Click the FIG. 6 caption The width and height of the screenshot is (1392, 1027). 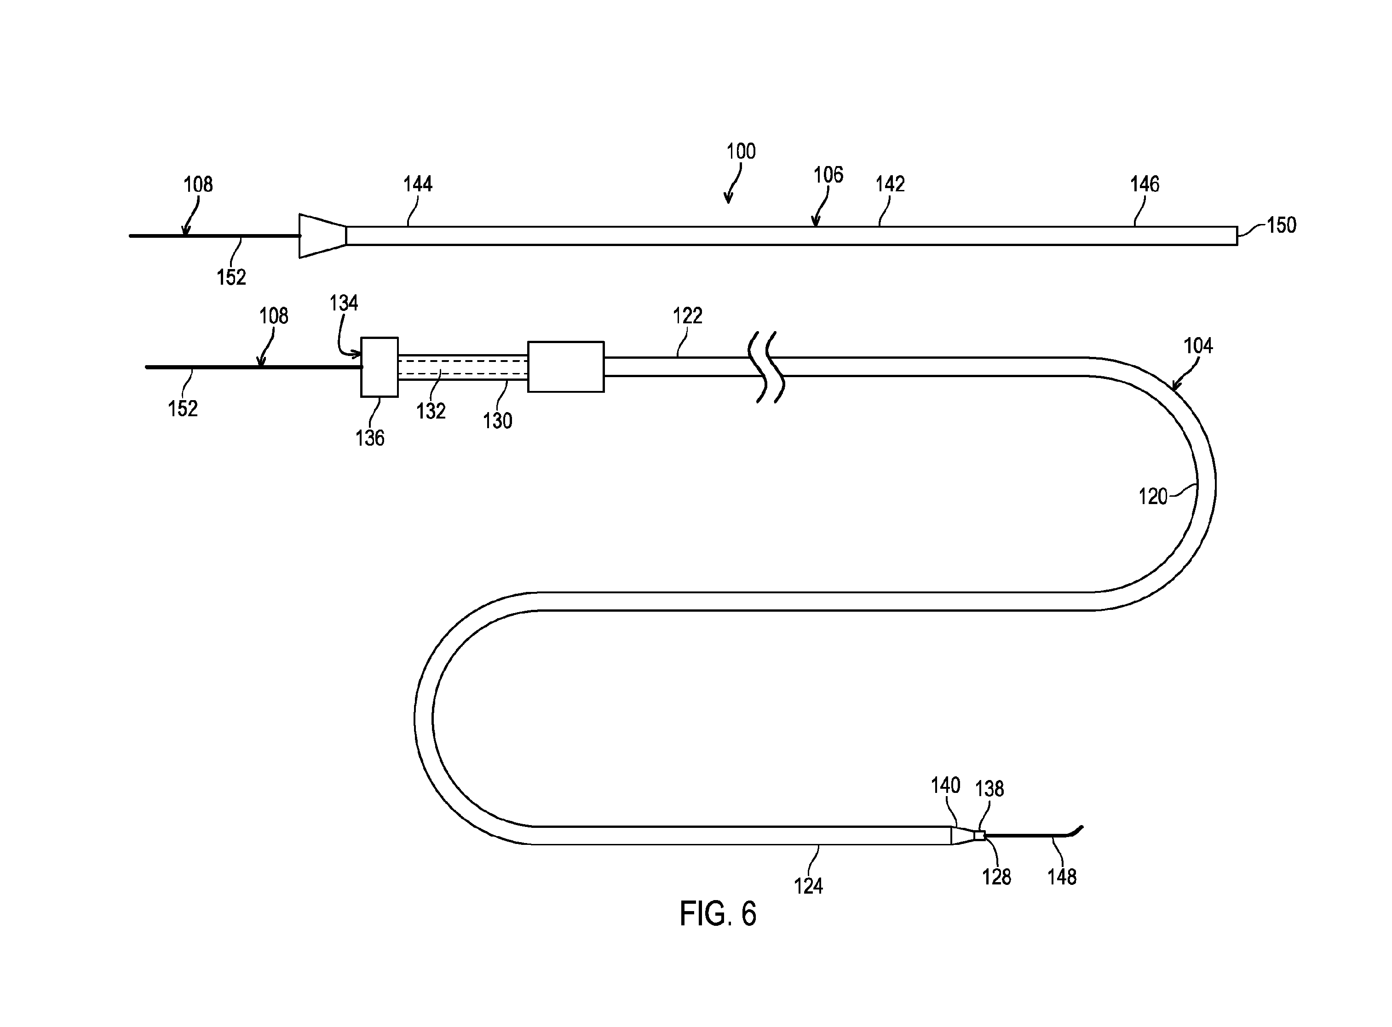click(718, 914)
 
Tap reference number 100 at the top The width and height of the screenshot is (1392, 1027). click(741, 151)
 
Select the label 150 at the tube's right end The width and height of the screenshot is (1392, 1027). click(1281, 225)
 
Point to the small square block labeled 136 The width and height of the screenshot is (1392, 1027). click(379, 367)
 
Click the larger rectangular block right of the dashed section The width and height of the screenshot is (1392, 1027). click(566, 367)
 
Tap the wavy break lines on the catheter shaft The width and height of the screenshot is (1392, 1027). click(770, 367)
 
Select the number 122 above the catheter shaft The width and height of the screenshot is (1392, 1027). click(688, 316)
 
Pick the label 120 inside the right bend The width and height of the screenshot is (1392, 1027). click(1153, 497)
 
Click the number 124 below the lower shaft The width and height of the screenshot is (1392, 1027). click(808, 886)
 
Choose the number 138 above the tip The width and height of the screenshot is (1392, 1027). click(989, 789)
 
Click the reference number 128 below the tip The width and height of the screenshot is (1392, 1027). click(996, 877)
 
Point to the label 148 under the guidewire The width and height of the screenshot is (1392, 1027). click(1062, 877)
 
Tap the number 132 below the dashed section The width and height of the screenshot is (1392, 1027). click(431, 411)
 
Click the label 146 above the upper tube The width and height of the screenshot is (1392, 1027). click(1145, 184)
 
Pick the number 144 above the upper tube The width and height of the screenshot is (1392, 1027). click(418, 184)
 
